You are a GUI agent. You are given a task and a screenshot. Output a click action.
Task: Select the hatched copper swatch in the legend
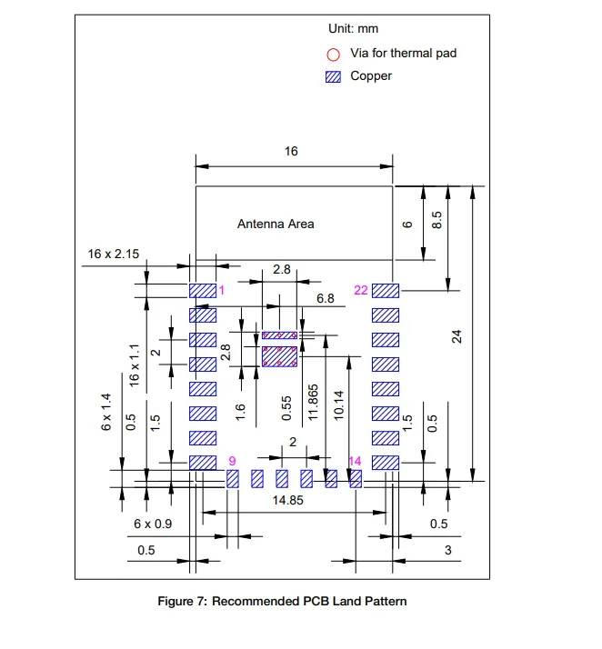(x=333, y=76)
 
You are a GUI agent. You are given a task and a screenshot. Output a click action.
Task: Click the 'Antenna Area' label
(x=276, y=224)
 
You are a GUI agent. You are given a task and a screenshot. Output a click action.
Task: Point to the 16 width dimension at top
(x=291, y=152)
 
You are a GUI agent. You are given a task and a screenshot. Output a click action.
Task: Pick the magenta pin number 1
(x=220, y=290)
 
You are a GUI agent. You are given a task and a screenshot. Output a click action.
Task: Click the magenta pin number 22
(x=360, y=290)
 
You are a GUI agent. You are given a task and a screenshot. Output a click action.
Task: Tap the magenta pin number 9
(x=232, y=462)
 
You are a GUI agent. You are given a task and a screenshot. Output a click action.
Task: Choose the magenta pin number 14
(x=355, y=462)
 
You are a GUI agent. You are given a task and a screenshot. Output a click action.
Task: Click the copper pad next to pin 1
(x=202, y=291)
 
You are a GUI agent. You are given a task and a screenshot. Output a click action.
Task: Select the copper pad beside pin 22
(x=386, y=291)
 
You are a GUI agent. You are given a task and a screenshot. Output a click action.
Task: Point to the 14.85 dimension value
(x=288, y=501)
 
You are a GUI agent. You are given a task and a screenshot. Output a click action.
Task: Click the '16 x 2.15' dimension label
(x=113, y=254)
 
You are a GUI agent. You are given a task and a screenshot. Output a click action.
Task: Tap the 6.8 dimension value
(x=326, y=298)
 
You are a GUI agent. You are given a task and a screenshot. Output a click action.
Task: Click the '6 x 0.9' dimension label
(x=153, y=524)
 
